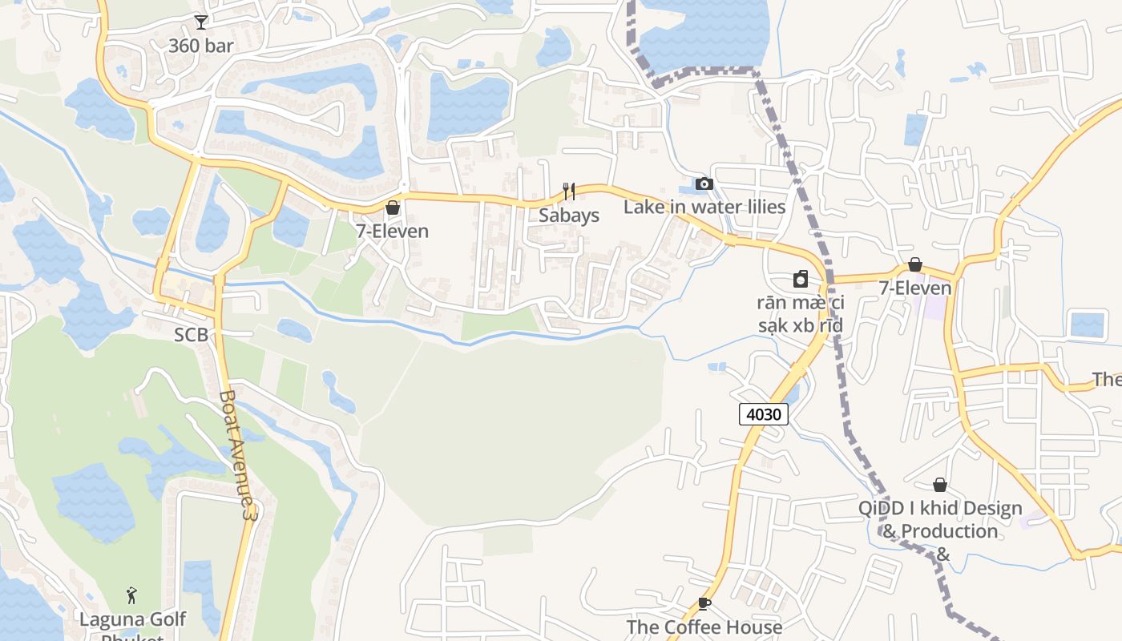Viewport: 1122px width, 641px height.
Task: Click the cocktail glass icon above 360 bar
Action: pyautogui.click(x=200, y=22)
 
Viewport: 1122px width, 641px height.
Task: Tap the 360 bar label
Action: pyautogui.click(x=200, y=46)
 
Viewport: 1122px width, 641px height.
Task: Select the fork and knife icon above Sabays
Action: pyautogui.click(x=569, y=191)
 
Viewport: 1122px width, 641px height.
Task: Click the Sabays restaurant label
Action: pyautogui.click(x=569, y=216)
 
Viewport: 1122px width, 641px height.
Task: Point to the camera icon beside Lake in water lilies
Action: pyautogui.click(x=704, y=184)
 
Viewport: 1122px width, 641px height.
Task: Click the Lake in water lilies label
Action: pyautogui.click(x=704, y=207)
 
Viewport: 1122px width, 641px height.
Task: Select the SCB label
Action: pyautogui.click(x=192, y=335)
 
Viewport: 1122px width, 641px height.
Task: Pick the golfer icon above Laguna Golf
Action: pyautogui.click(x=132, y=595)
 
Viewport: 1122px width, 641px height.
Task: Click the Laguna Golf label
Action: pyautogui.click(x=132, y=619)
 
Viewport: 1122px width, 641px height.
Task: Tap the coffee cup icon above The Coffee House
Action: pyautogui.click(x=704, y=603)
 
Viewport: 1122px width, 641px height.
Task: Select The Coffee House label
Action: pyautogui.click(x=704, y=627)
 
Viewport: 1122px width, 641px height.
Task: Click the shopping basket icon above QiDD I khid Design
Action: pyautogui.click(x=940, y=485)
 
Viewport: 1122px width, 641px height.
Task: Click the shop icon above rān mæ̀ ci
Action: pyautogui.click(x=800, y=279)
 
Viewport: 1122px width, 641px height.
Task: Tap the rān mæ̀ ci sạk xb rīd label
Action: pyautogui.click(x=801, y=314)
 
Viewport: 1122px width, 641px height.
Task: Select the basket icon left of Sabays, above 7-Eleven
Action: pyautogui.click(x=393, y=208)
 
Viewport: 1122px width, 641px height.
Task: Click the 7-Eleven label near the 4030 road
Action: pyautogui.click(x=915, y=288)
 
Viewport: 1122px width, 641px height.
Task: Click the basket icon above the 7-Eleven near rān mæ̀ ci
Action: pyautogui.click(x=915, y=264)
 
